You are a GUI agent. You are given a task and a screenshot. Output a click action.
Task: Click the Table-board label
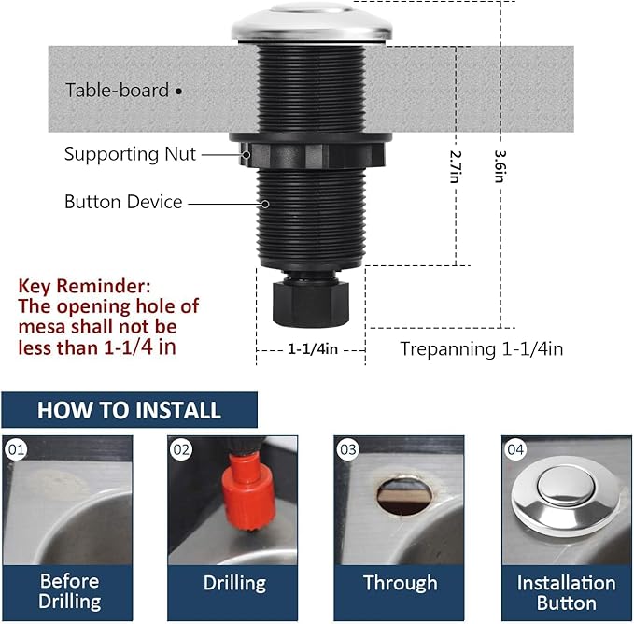[x=117, y=91]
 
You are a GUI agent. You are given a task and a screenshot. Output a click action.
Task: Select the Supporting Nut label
[x=130, y=154]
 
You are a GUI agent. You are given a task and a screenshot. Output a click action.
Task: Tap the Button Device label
[x=123, y=202]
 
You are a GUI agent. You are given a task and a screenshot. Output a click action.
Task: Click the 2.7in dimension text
[x=456, y=166]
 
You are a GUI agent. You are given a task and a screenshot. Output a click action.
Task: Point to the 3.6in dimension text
[x=500, y=166]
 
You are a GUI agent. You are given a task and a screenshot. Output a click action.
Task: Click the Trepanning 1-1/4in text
[x=481, y=348]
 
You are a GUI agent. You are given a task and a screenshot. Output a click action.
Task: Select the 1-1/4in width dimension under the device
[x=311, y=348]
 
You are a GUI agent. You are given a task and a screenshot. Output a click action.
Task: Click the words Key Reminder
[x=84, y=285]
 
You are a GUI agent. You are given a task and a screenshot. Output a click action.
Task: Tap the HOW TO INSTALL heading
[x=129, y=410]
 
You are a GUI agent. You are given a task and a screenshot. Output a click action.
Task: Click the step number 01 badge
[x=15, y=449]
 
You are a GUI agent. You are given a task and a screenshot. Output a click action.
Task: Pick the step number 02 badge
[x=181, y=449]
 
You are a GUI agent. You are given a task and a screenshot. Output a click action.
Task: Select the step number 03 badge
[x=348, y=449]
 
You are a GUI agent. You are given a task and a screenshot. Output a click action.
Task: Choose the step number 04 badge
[x=515, y=449]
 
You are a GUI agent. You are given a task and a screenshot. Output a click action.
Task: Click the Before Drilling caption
[x=69, y=591]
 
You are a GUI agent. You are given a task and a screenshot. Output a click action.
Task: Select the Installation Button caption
[x=567, y=592]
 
